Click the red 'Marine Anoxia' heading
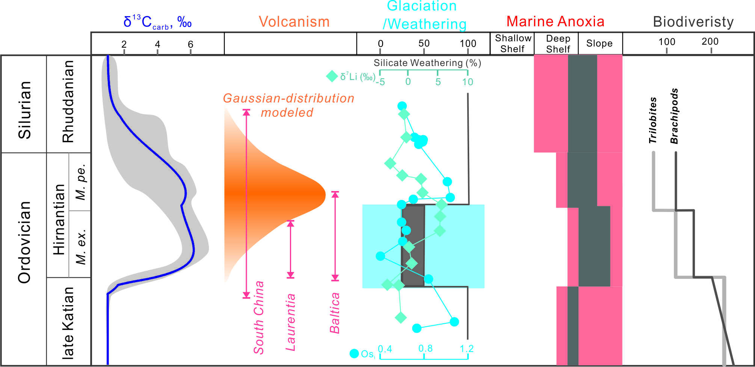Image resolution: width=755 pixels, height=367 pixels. click(555, 21)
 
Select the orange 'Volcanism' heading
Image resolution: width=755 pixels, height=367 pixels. click(294, 22)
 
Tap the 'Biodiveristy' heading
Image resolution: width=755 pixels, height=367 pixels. click(693, 22)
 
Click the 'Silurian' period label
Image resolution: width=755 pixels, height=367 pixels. click(25, 110)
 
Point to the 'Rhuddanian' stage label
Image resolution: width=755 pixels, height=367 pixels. click(68, 102)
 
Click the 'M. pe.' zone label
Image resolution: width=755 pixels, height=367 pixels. click(81, 182)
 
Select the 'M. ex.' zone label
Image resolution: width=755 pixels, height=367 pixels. click(81, 246)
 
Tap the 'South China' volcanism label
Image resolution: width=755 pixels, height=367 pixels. click(259, 317)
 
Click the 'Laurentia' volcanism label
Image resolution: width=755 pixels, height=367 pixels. click(290, 322)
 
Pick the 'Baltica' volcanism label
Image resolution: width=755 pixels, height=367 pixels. click(335, 313)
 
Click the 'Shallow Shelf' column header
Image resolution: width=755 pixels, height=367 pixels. click(513, 44)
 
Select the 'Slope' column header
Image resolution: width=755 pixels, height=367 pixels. click(599, 44)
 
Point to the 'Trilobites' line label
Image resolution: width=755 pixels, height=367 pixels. click(653, 120)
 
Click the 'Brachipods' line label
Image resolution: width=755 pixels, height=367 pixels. click(675, 116)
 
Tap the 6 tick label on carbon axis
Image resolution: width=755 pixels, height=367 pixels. click(190, 44)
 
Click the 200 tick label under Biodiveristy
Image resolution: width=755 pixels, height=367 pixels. click(710, 42)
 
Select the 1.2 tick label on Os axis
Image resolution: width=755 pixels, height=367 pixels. click(467, 349)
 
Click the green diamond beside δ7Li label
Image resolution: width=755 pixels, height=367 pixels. click(332, 77)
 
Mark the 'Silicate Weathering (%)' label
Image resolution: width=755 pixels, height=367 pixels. click(427, 63)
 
